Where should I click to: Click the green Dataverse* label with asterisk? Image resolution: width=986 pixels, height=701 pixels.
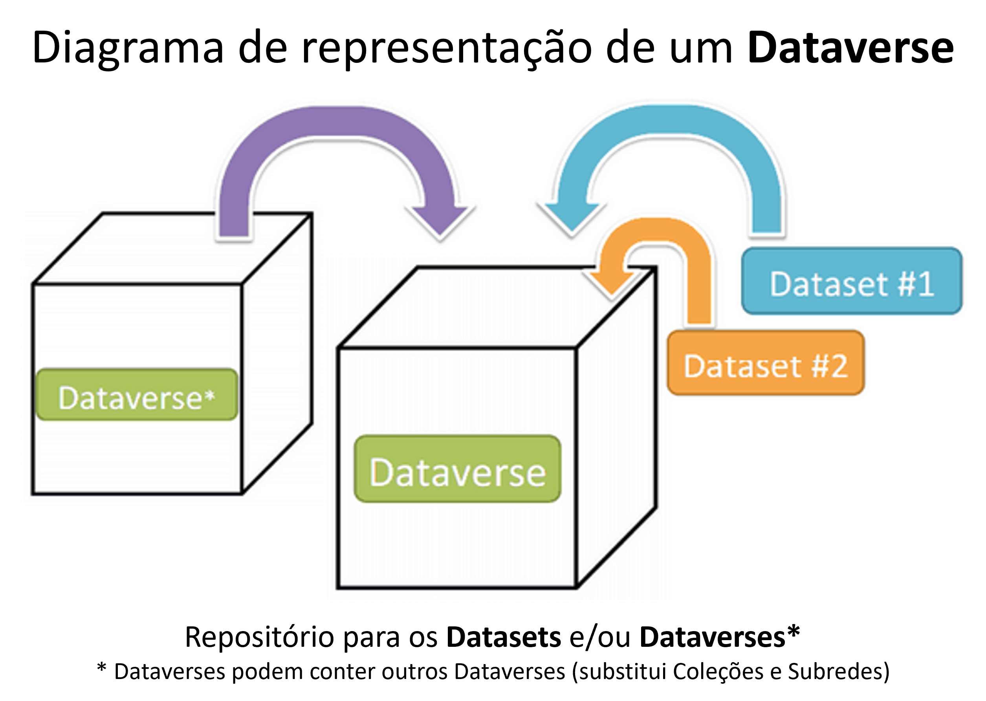[137, 395]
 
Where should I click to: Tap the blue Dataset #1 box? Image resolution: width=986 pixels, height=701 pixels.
[851, 280]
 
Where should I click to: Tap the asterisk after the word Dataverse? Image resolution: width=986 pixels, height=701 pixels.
[210, 395]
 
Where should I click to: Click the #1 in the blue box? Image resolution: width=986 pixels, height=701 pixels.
[916, 284]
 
